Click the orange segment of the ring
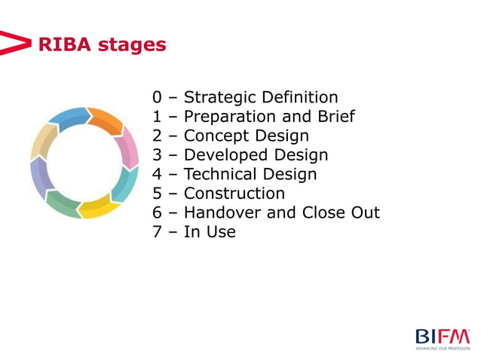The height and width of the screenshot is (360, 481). pyautogui.click(x=106, y=121)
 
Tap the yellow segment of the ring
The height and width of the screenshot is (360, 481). pyautogui.click(x=96, y=207)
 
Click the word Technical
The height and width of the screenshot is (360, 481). pyautogui.click(x=222, y=175)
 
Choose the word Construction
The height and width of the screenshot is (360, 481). pyautogui.click(x=234, y=194)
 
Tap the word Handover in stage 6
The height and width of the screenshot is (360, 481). pyautogui.click(x=223, y=212)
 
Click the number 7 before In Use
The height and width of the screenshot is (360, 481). pyautogui.click(x=157, y=232)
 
